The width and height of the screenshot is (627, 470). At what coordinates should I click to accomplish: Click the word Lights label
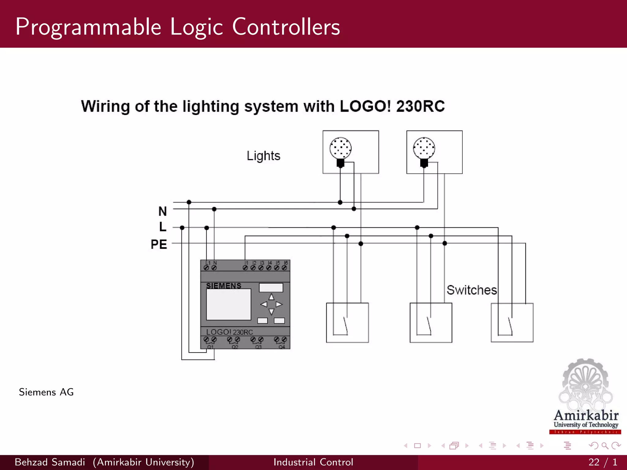[263, 156]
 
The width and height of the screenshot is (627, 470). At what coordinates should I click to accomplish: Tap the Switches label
[471, 290]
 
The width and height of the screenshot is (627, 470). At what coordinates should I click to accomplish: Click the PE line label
[159, 244]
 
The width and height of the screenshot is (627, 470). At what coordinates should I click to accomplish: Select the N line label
[163, 211]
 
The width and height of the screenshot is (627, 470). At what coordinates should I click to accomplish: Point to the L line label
[163, 227]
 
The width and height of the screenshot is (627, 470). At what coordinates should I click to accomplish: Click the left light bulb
[340, 148]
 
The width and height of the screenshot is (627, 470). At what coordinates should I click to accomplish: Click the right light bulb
[424, 148]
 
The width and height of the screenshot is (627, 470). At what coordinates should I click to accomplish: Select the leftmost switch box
[347, 323]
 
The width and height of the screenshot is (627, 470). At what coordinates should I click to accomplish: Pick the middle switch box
[431, 323]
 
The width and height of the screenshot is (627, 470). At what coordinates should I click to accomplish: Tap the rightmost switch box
[512, 323]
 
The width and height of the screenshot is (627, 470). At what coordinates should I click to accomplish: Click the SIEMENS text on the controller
[223, 286]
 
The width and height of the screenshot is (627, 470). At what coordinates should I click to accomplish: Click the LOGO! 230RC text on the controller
[229, 332]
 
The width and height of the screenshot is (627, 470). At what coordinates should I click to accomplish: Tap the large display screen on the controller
[228, 304]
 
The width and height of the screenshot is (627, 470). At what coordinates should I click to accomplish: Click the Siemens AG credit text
[46, 392]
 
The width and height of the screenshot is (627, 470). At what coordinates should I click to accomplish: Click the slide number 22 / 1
[603, 462]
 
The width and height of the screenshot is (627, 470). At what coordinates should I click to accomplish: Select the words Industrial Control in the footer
[313, 462]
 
